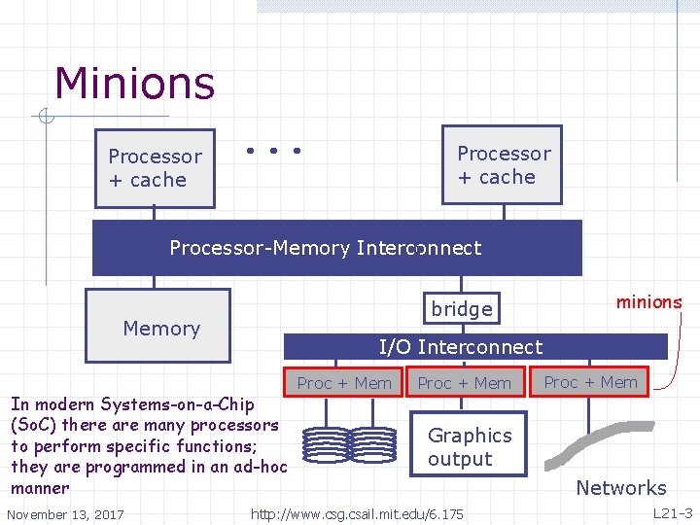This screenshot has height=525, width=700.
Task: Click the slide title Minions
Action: pyautogui.click(x=134, y=84)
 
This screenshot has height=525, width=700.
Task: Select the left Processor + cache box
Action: pyautogui.click(x=155, y=168)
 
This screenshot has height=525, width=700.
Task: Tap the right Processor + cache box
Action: pyautogui.click(x=502, y=165)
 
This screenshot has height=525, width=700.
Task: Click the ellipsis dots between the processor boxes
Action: pyautogui.click(x=272, y=151)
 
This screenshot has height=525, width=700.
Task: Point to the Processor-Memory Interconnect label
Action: pyautogui.click(x=325, y=248)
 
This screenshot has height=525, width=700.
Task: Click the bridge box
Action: pyautogui.click(x=462, y=308)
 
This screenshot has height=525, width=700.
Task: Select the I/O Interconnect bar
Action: pyautogui.click(x=474, y=347)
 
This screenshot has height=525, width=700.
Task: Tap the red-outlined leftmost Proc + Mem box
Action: pyautogui.click(x=343, y=383)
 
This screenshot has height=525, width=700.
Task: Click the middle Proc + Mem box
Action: pyautogui.click(x=464, y=383)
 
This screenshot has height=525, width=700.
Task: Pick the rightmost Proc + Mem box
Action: pyautogui.click(x=591, y=382)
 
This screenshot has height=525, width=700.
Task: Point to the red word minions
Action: pyautogui.click(x=648, y=301)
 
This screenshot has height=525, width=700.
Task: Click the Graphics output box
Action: pyautogui.click(x=470, y=447)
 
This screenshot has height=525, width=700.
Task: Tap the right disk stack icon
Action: pyautogui.click(x=374, y=444)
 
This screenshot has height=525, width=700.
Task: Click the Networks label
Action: pyautogui.click(x=621, y=488)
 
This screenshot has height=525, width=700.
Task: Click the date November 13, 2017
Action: pyautogui.click(x=65, y=513)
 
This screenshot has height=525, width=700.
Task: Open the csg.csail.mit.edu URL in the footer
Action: pyautogui.click(x=357, y=512)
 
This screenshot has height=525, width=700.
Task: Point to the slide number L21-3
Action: pyautogui.click(x=671, y=512)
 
